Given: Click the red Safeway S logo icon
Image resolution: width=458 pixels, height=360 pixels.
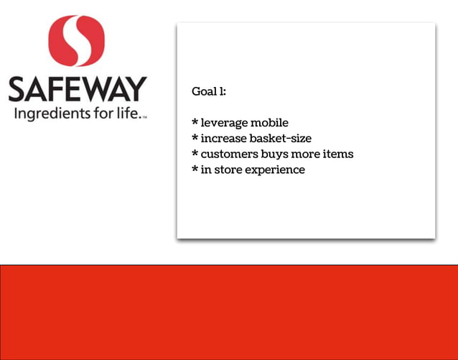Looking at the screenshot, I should click(x=76, y=41).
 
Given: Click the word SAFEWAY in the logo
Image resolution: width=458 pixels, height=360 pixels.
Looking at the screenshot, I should click(x=77, y=90).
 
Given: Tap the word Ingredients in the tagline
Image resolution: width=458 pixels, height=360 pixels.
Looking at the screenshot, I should click(x=49, y=115).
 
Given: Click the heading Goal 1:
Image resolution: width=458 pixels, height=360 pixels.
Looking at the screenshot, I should click(x=209, y=92).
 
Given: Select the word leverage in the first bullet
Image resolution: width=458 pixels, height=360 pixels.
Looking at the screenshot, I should click(x=224, y=123).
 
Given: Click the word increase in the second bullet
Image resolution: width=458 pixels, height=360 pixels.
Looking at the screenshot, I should click(x=222, y=138).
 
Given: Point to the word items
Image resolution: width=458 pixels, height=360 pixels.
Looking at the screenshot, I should click(x=338, y=154).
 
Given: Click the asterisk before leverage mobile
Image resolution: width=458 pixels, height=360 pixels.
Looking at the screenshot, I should click(x=195, y=121).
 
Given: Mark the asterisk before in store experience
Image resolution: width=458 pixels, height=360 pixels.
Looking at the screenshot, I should click(x=195, y=168).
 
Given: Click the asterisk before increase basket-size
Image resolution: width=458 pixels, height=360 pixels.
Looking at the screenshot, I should click(x=195, y=137).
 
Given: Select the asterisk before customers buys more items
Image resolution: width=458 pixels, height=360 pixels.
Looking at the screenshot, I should click(x=195, y=152).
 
